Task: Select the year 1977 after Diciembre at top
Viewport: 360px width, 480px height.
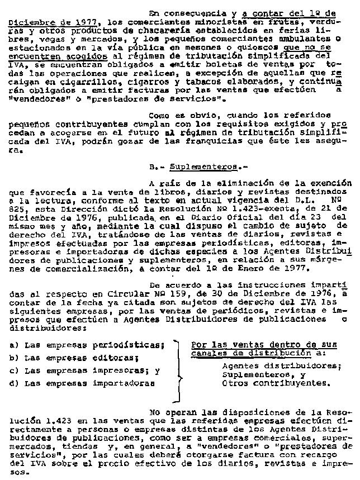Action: point(83,21)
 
